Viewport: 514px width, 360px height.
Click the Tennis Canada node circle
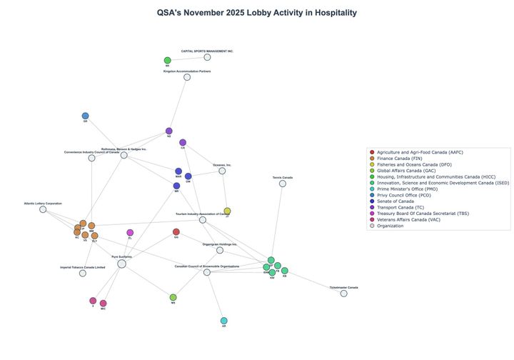283,184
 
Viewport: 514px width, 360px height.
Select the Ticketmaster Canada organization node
344,294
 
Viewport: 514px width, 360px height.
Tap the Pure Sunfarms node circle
122,264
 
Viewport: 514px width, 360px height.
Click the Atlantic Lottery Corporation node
43,209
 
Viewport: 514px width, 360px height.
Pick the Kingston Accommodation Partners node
187,77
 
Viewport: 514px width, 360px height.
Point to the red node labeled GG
176,232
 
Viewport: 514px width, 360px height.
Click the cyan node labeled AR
224,321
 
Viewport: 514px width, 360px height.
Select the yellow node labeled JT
227,211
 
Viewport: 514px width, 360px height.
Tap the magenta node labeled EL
130,233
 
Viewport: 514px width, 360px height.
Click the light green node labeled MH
173,297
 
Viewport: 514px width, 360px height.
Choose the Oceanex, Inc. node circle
222,171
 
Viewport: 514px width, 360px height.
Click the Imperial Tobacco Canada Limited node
83,273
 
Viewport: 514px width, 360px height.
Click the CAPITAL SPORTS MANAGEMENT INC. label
207,51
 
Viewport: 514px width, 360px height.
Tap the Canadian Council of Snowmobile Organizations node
207,272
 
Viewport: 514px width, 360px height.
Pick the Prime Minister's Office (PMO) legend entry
409,189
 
